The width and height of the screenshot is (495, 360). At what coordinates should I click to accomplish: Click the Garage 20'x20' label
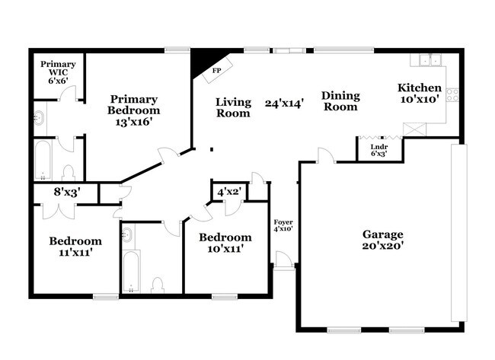click(x=382, y=240)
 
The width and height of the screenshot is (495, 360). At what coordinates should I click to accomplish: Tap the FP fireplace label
click(x=217, y=70)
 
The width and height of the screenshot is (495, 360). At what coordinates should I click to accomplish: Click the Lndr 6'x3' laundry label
click(x=378, y=149)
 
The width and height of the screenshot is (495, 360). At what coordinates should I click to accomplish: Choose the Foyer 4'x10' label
click(x=283, y=225)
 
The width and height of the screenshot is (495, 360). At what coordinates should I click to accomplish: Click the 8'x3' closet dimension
click(x=65, y=193)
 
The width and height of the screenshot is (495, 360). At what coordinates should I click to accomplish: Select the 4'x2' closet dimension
click(x=229, y=192)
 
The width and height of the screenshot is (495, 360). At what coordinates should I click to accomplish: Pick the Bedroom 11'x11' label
click(x=75, y=247)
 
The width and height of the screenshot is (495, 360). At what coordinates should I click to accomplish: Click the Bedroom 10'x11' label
click(x=225, y=243)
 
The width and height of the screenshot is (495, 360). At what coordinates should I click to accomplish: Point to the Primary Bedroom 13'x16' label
click(x=133, y=111)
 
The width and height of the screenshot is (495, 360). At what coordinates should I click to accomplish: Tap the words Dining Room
click(x=340, y=101)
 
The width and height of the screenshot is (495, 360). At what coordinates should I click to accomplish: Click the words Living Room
click(x=233, y=107)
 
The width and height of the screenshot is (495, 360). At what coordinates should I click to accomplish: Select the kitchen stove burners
click(x=452, y=95)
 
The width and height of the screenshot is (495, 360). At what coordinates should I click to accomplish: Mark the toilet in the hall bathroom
click(x=158, y=284)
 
